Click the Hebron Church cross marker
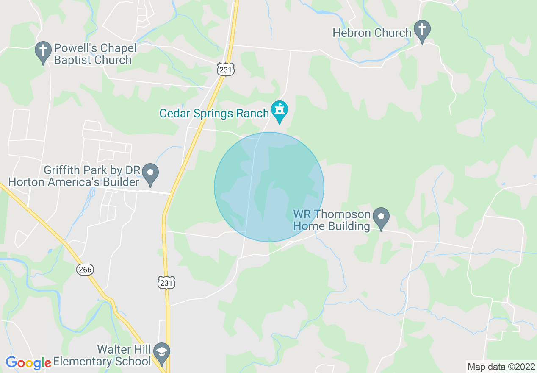coord(422,30)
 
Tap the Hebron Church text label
coord(372,33)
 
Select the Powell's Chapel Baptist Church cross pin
coord(43,51)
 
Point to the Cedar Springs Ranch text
coord(214,114)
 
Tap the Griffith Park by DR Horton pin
coord(150,174)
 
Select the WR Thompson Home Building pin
coord(381,217)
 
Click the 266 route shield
coord(86,270)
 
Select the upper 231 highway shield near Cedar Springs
coord(226,70)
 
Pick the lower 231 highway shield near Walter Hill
coord(166,283)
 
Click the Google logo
coord(28,363)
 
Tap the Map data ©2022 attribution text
coord(501,367)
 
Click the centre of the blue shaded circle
coord(269,187)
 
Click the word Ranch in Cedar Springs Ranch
coord(253,114)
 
